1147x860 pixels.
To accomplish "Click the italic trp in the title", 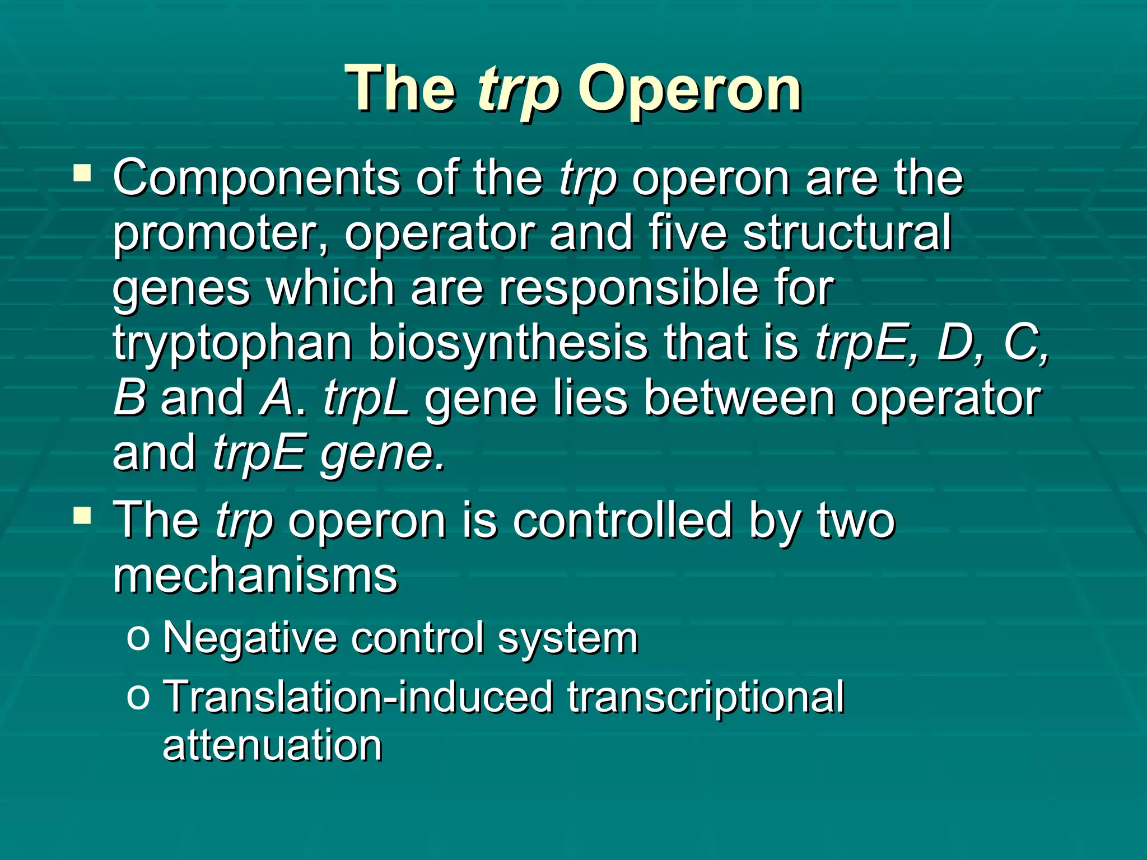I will (519, 90).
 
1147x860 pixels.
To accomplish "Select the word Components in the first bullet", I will (256, 178).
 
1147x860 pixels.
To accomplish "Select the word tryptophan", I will (232, 343).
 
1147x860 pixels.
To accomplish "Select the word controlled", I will (622, 520).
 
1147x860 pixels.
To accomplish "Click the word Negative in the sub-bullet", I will (249, 638).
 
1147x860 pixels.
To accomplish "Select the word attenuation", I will (272, 746).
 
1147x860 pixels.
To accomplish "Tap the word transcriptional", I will (705, 697).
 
